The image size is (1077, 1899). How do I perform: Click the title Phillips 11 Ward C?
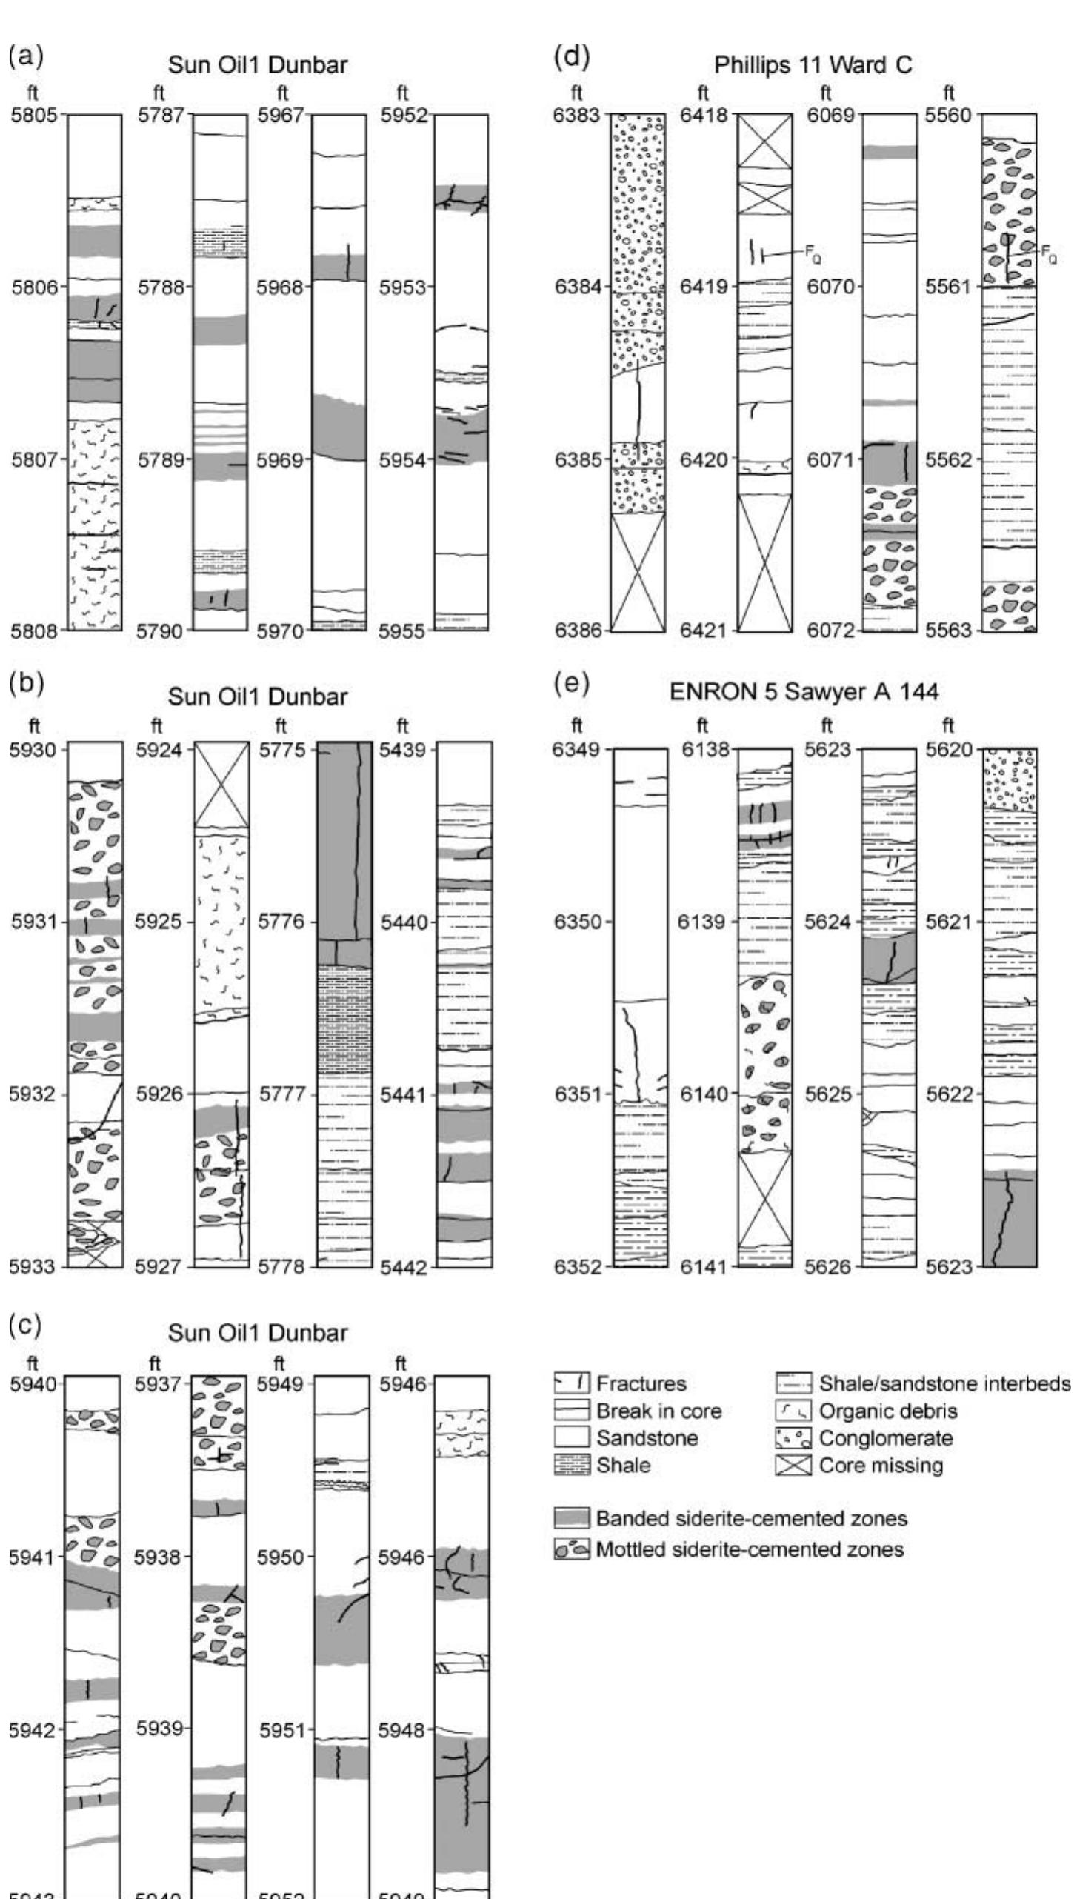[813, 65]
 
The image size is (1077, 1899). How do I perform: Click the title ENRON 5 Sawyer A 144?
[804, 691]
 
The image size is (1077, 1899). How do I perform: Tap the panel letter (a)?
[26, 57]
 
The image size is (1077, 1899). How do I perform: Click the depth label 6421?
[704, 631]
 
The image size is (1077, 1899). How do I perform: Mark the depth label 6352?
[578, 1266]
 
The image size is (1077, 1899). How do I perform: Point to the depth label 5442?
[403, 1268]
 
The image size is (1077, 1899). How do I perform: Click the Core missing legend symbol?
[793, 1466]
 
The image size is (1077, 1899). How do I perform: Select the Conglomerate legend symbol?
[793, 1438]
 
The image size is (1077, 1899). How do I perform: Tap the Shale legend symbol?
[572, 1466]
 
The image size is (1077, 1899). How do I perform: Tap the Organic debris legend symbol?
[793, 1411]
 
